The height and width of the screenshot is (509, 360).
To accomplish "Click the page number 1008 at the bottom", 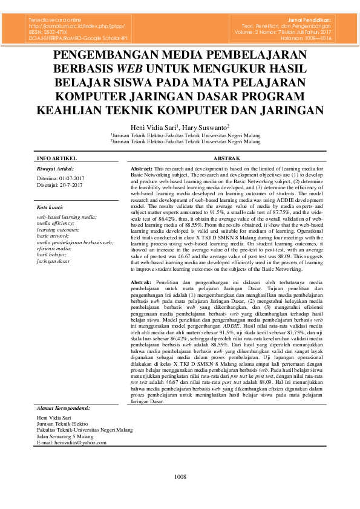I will [180, 476].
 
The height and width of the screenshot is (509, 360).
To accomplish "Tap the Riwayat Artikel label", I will [56, 169].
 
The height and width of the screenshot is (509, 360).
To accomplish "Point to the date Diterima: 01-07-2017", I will [61, 180].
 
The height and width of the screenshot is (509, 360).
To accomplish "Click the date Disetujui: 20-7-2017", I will [60, 186].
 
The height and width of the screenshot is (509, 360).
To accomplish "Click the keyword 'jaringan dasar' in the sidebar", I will [53, 261].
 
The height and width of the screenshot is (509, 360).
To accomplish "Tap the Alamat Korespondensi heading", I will [64, 408].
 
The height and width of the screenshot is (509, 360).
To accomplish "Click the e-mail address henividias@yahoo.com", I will [71, 443].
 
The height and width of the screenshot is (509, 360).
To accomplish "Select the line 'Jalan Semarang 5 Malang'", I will [65, 436].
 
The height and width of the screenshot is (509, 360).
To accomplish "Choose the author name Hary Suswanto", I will [206, 128].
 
